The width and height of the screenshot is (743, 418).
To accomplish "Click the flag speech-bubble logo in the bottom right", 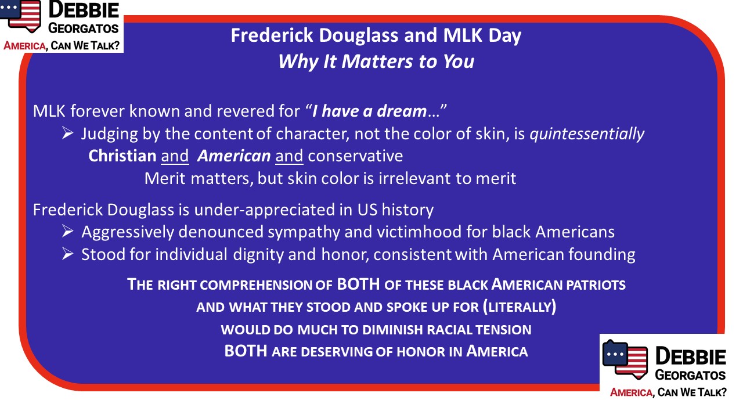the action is tap(625, 359).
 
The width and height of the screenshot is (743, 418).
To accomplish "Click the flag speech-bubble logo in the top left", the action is tap(20, 15).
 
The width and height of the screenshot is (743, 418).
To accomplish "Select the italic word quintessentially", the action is tap(587, 134).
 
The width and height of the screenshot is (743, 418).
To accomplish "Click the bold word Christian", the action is tap(122, 156).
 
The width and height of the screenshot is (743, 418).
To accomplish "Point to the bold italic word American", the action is tap(234, 156).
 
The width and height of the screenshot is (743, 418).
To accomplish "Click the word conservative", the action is tap(355, 156).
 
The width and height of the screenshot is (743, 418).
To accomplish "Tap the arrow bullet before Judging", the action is tap(68, 134).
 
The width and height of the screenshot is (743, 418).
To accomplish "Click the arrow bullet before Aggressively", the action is tap(68, 232).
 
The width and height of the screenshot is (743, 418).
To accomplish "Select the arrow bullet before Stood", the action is tap(68, 254).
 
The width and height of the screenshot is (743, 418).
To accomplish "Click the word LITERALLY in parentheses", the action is tap(520, 307).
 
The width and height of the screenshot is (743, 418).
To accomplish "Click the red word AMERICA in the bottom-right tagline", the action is tap(631, 392).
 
